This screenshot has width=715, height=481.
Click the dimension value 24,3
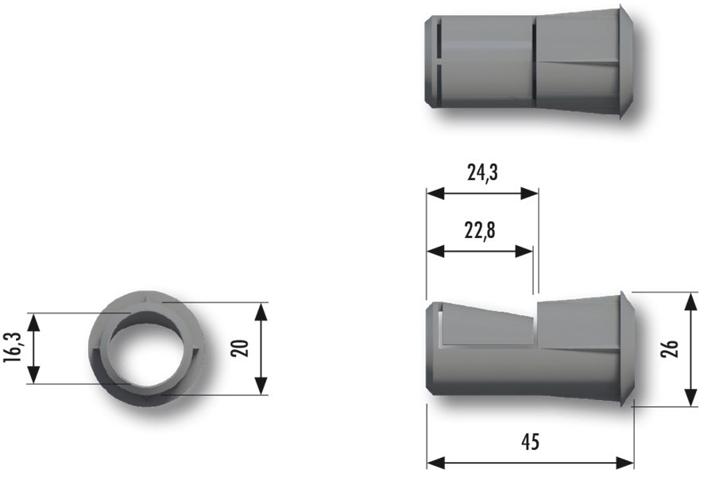[x=482, y=173]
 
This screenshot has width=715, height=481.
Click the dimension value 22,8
[x=479, y=231]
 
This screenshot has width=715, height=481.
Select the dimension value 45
[x=531, y=441]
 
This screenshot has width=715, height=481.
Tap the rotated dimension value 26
[x=670, y=349]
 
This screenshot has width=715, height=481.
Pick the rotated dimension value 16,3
[x=12, y=348]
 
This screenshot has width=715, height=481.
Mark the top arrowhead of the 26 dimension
[x=691, y=299]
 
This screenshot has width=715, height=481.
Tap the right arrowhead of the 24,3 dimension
[x=532, y=193]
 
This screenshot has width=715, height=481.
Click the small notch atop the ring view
[x=149, y=298]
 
